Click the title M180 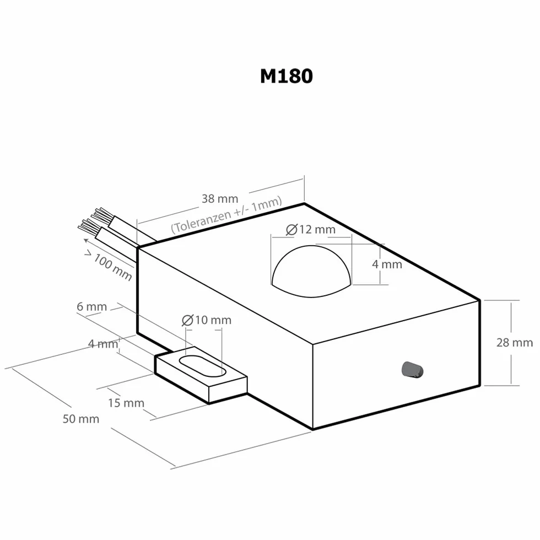pyautogui.click(x=287, y=76)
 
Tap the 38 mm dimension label pyautogui.click(x=220, y=199)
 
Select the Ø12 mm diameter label pyautogui.click(x=311, y=229)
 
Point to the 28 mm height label pyautogui.click(x=515, y=343)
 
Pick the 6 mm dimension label pyautogui.click(x=91, y=306)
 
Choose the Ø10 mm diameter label pyautogui.click(x=207, y=320)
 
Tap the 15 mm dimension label pyautogui.click(x=126, y=403)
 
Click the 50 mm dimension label pyautogui.click(x=81, y=419)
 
